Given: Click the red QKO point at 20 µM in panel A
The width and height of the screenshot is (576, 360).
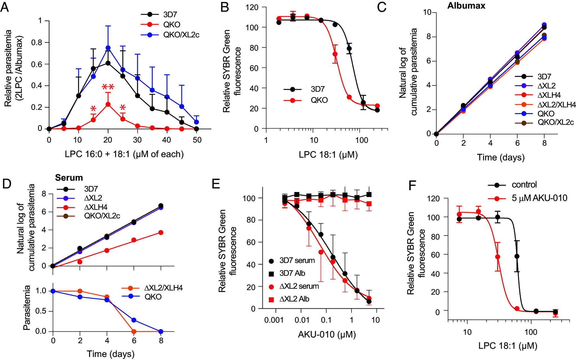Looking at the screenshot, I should pyautogui.click(x=108, y=104).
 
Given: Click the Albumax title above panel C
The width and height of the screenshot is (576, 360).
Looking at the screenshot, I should pyautogui.click(x=466, y=6).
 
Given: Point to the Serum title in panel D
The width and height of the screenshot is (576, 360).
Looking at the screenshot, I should pyautogui.click(x=69, y=178).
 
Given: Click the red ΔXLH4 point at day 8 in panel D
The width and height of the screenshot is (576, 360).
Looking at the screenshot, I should pyautogui.click(x=161, y=232).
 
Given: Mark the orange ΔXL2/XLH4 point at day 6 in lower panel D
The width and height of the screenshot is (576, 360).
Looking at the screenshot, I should pyautogui.click(x=134, y=331).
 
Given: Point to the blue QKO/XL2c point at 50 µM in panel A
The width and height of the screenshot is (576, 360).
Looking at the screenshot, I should pyautogui.click(x=197, y=122).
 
